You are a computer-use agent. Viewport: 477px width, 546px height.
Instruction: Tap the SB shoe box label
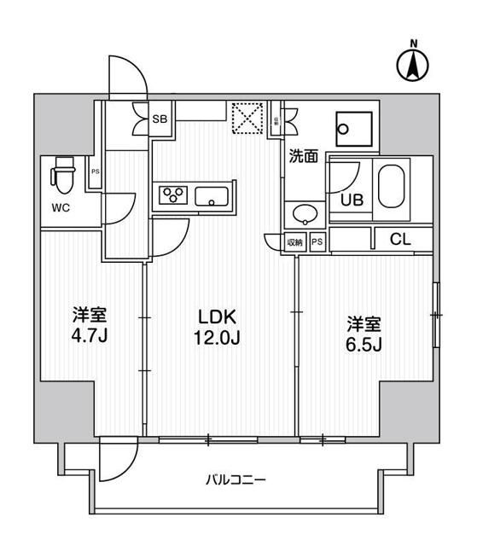tap(160, 119)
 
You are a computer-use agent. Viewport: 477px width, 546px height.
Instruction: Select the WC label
tap(61, 206)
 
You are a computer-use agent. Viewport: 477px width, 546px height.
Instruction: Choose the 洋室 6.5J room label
tap(364, 334)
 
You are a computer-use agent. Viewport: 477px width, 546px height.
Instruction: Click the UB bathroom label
tap(352, 200)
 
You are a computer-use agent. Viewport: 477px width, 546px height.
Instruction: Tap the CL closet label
tap(399, 241)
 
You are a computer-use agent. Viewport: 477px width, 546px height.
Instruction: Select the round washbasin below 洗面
tap(304, 213)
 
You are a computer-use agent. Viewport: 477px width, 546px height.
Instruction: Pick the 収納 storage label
tap(295, 242)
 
